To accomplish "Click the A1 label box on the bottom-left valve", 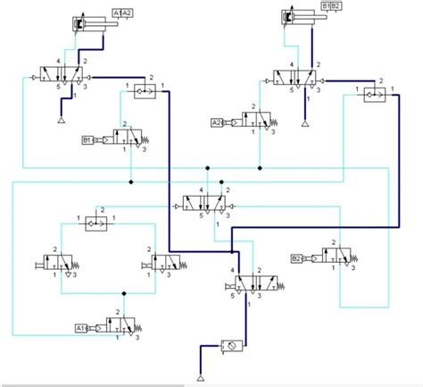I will pyautogui.click(x=79, y=328).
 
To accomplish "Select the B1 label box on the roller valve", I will pyautogui.click(x=87, y=139).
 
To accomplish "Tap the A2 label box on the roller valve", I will pyautogui.click(x=216, y=122).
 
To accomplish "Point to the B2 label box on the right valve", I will pyautogui.click(x=296, y=259).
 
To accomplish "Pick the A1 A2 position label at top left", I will pyautogui.click(x=124, y=13).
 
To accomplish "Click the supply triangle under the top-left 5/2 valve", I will pyautogui.click(x=62, y=119).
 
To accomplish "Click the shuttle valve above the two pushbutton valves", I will pyautogui.click(x=95, y=222).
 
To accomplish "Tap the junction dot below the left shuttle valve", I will pyautogui.click(x=131, y=181).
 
